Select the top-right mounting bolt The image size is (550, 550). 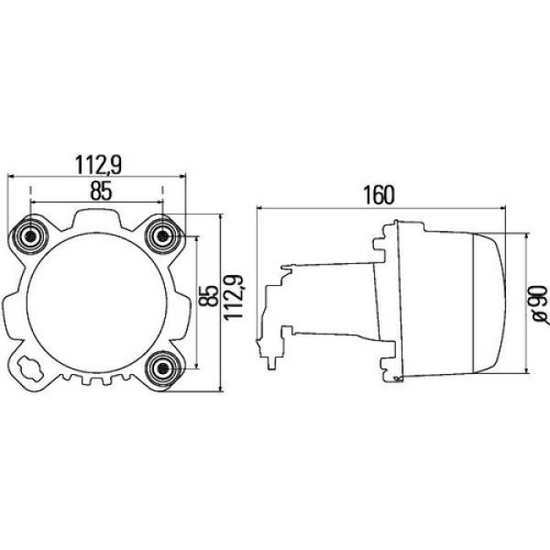[165, 236]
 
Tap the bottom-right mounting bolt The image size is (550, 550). [165, 368]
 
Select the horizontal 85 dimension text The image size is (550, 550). [100, 191]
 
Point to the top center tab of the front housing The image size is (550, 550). [99, 217]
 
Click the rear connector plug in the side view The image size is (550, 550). [275, 316]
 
